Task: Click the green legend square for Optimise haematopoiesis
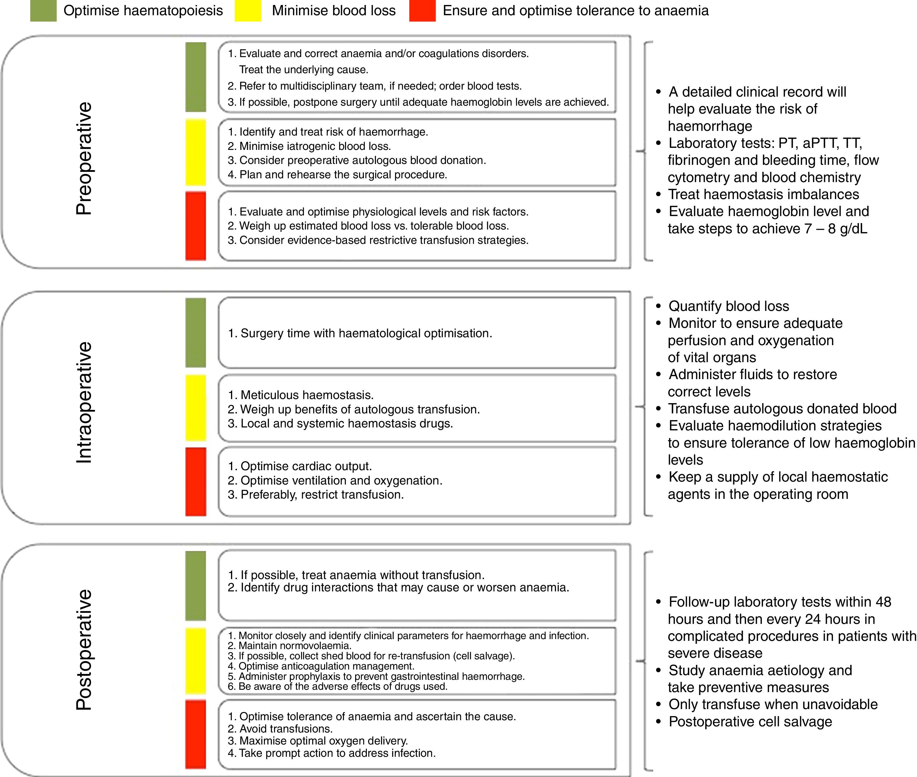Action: click(x=43, y=11)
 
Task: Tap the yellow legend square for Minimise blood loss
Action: click(x=247, y=11)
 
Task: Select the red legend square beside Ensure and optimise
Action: click(x=422, y=11)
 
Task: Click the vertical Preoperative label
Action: click(x=84, y=159)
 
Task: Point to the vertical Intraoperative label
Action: click(x=84, y=402)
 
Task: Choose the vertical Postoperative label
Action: click(x=84, y=650)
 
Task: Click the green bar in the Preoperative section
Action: click(x=196, y=77)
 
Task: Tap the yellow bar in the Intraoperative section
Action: click(x=196, y=408)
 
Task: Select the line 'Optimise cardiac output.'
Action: click(x=306, y=466)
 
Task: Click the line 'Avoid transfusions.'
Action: click(x=286, y=729)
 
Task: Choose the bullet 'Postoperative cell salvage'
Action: click(x=750, y=721)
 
